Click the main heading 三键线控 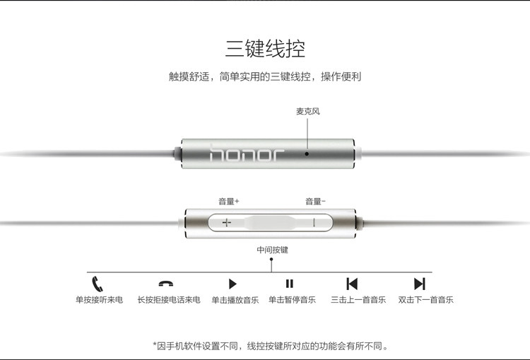(265, 48)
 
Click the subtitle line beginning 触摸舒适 (265, 76)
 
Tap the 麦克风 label (308, 111)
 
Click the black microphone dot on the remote (307, 153)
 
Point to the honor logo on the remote (247, 154)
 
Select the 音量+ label (229, 202)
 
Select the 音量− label (316, 202)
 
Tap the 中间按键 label (273, 250)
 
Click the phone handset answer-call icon (98, 284)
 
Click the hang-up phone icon (166, 284)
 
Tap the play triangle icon (232, 284)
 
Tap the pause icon (290, 284)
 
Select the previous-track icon (352, 284)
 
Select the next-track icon (420, 284)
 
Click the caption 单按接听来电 (99, 300)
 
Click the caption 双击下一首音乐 (425, 300)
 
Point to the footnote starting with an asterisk (271, 346)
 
